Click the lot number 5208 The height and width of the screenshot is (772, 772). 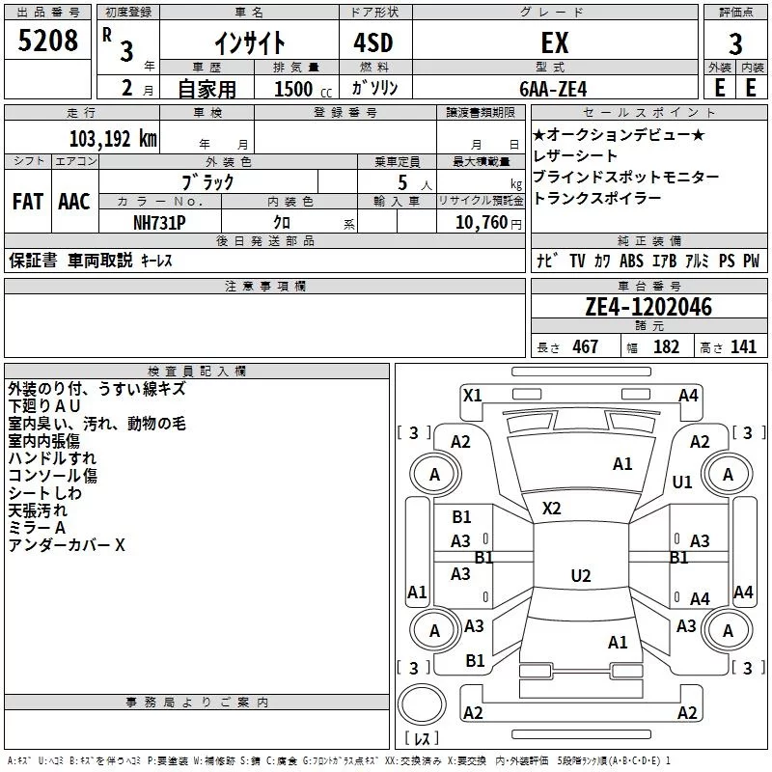coord(47,41)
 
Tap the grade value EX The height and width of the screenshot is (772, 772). coord(555,42)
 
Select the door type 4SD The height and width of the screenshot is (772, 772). coord(373,42)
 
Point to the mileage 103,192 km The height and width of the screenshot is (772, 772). coord(113,139)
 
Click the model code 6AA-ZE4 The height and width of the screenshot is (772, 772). coord(553,89)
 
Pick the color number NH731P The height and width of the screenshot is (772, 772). coord(159,223)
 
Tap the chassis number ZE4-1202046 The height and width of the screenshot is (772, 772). coord(648,307)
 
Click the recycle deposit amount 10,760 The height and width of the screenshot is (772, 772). coord(482,223)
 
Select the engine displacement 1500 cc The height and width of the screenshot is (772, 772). coord(303,89)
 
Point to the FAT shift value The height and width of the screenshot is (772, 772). coord(28,202)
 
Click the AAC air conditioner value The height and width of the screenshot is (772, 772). coord(74,202)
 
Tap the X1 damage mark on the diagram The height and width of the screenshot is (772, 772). coord(473,396)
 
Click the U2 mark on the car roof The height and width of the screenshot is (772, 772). coord(581,575)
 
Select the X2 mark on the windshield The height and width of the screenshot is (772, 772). coord(551,509)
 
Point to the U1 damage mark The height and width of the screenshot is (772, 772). coord(682,482)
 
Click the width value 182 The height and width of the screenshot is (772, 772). coord(666,346)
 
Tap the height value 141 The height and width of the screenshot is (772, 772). coord(743,346)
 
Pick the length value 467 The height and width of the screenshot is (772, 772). coord(586,346)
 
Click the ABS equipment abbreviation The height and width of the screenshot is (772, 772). coord(632,261)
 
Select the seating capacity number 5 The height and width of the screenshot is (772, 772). coord(402,182)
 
